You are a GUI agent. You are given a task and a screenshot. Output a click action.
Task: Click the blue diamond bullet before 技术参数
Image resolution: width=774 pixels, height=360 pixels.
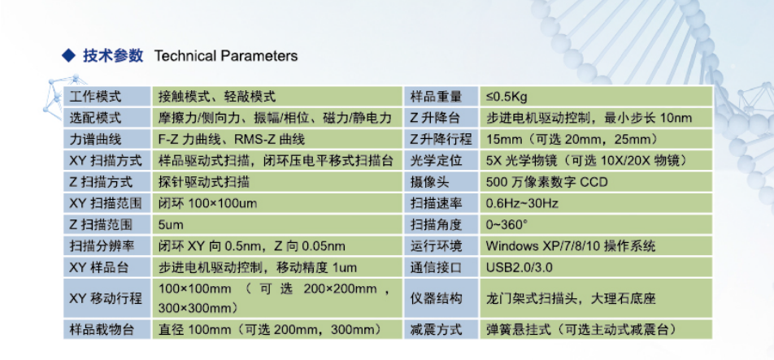point(68,56)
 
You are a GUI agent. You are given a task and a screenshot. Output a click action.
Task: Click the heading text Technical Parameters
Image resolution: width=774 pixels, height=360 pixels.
point(226,56)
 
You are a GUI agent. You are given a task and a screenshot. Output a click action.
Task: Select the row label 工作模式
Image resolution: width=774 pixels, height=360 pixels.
point(93,97)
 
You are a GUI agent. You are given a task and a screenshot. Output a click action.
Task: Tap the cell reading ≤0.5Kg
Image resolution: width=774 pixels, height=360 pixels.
point(507,97)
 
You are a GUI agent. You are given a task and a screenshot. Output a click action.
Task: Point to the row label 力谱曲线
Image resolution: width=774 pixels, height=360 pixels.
point(93,139)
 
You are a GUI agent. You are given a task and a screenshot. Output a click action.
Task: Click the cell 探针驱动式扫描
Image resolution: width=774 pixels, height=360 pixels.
point(204,182)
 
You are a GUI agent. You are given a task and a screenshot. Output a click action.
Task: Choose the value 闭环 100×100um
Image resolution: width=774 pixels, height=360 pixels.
point(208,203)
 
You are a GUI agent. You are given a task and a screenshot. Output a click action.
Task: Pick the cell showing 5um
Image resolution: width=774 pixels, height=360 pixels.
point(171,225)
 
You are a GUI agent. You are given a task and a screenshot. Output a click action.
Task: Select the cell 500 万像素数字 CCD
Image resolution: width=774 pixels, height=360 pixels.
point(547,182)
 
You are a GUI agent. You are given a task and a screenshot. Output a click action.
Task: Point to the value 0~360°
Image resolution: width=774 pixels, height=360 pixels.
point(507,225)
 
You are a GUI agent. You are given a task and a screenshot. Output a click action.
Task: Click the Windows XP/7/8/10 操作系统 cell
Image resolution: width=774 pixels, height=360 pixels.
point(571,245)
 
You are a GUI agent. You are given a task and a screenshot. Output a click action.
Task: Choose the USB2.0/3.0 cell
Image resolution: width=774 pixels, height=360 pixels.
point(520,267)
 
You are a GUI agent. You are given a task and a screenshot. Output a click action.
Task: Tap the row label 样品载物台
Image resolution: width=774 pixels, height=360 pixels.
point(102,329)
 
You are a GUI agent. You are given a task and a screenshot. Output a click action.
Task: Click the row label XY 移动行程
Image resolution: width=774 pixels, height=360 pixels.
point(107,298)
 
